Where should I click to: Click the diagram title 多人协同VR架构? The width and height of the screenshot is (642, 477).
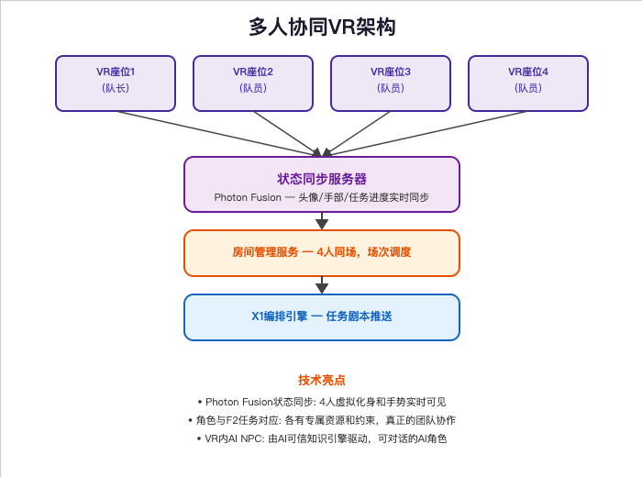[x=322, y=27]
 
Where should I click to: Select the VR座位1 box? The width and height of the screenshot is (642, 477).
[x=116, y=83]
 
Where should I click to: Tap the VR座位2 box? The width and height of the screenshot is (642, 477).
[x=253, y=83]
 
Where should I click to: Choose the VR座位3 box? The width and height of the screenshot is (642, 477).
[x=391, y=83]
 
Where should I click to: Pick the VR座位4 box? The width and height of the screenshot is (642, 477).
[x=528, y=83]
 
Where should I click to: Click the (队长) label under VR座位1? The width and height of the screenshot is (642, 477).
[x=116, y=88]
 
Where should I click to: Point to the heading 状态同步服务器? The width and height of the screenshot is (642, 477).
[x=322, y=179]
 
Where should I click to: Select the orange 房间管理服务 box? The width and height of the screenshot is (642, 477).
[x=322, y=253]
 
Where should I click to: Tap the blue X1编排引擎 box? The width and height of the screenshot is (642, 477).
[x=322, y=317]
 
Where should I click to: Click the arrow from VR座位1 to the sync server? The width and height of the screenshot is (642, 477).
[x=218, y=134]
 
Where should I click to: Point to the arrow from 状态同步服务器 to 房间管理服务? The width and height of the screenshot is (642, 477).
[x=322, y=221]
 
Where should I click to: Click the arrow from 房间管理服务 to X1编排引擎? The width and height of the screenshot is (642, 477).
[x=322, y=285]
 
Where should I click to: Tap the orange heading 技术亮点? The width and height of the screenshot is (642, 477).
[x=322, y=380]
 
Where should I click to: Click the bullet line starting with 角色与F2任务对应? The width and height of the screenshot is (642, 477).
[x=322, y=420]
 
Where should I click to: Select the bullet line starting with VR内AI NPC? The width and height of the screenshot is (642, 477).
[x=322, y=438]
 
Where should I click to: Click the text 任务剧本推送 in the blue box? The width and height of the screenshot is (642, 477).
[x=360, y=316]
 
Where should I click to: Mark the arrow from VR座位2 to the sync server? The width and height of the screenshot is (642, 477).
[x=287, y=134]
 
